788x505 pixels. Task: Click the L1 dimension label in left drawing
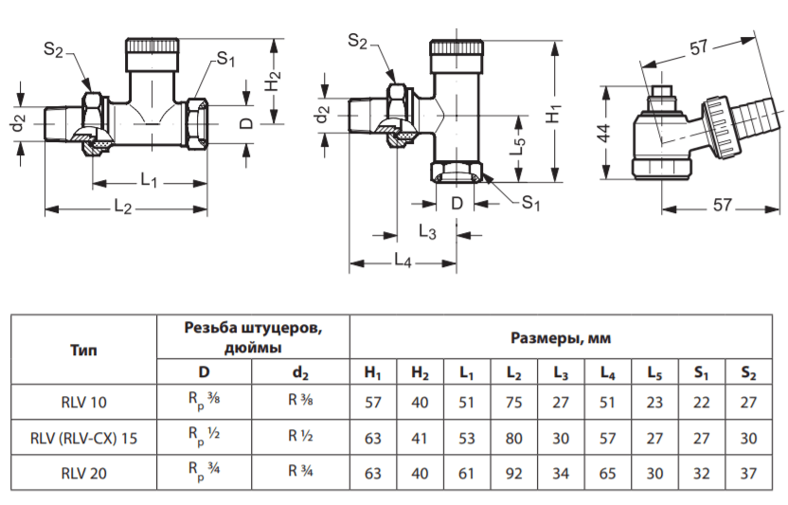tap(149, 180)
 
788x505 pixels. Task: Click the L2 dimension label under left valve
tap(123, 207)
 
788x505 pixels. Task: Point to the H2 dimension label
tap(273, 81)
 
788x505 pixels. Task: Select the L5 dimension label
tap(518, 146)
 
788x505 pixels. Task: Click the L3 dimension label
tap(428, 232)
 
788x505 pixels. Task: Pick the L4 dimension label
tap(403, 261)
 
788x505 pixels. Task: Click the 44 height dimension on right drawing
tap(603, 133)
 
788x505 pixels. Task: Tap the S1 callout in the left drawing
tap(225, 60)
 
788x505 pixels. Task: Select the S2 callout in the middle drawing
tap(357, 42)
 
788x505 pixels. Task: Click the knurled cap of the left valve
tap(152, 45)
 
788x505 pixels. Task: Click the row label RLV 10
tap(84, 403)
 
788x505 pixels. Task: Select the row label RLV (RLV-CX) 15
tap(84, 438)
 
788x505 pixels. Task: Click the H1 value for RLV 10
tap(373, 403)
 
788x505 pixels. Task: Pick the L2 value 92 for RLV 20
tap(513, 474)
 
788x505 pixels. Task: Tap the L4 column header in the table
tap(608, 372)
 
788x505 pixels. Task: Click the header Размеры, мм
tap(561, 338)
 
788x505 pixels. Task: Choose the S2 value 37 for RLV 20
tap(748, 474)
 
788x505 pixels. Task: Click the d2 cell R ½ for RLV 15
tap(300, 436)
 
